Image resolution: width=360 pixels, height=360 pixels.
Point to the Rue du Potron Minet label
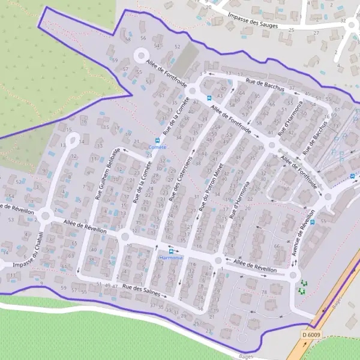[211, 188]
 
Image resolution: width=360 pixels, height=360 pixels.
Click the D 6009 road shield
[313, 334]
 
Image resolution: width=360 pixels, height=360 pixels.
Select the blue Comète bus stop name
[157, 147]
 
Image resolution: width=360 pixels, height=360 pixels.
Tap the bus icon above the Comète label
[157, 139]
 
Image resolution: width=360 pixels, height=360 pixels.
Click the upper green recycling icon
[303, 283]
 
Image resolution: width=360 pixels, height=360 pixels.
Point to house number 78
[264, 292]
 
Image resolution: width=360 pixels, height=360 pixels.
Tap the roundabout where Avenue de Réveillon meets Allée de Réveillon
[293, 275]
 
